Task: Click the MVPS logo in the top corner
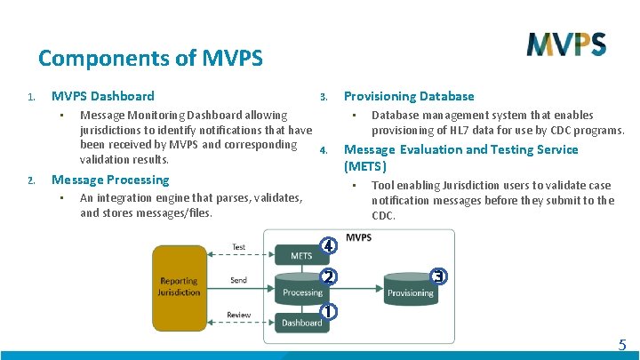coord(566,44)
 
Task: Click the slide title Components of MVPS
coord(150,59)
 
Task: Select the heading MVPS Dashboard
coord(102,96)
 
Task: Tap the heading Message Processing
coord(110,180)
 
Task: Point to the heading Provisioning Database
coord(409,96)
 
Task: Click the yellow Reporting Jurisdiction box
coord(179,286)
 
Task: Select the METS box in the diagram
coord(301,256)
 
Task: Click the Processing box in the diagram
coord(302,290)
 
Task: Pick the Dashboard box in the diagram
coord(302,322)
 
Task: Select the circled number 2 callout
coord(328,276)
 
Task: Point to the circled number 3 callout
coord(437,276)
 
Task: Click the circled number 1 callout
coord(329,312)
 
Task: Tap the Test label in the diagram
coord(239,247)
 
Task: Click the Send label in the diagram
coord(238,281)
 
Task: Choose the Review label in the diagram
coord(238,314)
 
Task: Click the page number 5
coord(621,345)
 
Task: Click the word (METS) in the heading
coord(365,166)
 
